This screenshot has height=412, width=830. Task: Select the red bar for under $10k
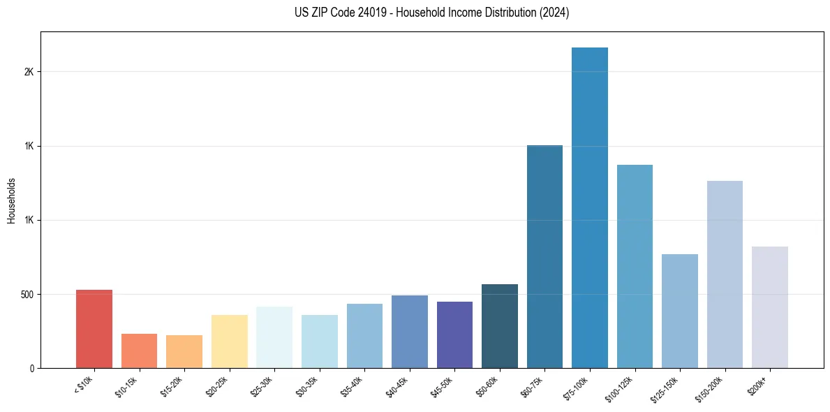click(x=94, y=329)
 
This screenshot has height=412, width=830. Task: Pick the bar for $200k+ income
click(x=769, y=307)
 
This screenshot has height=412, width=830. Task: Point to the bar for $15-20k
click(x=184, y=352)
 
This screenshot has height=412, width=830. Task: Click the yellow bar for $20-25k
click(x=229, y=341)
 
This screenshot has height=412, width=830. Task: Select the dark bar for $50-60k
click(x=499, y=326)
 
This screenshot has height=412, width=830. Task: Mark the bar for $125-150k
click(x=679, y=311)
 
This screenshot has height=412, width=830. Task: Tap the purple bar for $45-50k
click(x=454, y=335)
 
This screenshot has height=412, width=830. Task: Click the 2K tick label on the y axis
click(x=29, y=72)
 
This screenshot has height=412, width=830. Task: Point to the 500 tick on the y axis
click(x=27, y=295)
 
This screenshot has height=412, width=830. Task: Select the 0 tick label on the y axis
click(x=31, y=369)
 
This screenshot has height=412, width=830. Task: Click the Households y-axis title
click(x=11, y=200)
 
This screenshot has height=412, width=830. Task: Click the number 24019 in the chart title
click(x=367, y=13)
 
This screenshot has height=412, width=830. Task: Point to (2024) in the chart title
click(x=555, y=13)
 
